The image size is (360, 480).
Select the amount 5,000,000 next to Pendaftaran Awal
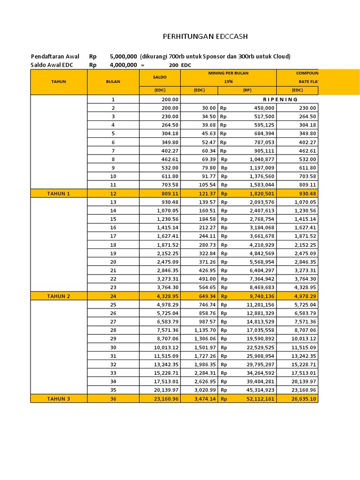(x=123, y=57)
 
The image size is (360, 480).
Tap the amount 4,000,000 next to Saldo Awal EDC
(x=123, y=65)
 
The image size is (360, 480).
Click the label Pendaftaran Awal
(x=55, y=57)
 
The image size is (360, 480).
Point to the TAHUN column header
(x=59, y=82)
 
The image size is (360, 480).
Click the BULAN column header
(x=113, y=82)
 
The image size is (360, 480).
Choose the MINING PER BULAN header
(x=228, y=74)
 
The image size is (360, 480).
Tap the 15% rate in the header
(x=228, y=82)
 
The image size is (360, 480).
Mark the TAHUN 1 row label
(x=59, y=193)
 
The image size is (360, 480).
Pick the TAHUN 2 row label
(x=59, y=296)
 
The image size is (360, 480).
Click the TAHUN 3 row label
(x=59, y=398)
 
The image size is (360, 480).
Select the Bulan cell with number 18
(x=113, y=245)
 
